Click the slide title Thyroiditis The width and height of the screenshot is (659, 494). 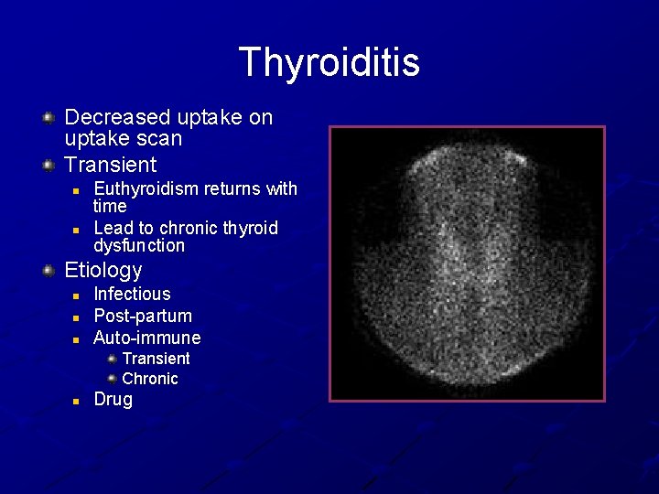click(329, 62)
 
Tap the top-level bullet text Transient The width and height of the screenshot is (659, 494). click(111, 165)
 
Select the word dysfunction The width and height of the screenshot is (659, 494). click(139, 245)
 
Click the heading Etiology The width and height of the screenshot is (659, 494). click(103, 270)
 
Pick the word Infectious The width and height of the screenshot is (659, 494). click(132, 294)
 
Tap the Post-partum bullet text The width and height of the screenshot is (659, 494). click(143, 316)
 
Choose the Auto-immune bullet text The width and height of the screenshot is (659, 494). click(146, 338)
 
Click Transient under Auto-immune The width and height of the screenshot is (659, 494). click(156, 359)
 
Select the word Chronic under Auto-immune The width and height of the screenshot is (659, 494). click(150, 379)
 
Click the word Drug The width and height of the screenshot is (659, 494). click(113, 400)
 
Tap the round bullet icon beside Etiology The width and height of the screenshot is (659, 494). click(49, 270)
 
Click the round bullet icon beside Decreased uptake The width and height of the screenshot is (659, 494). click(49, 117)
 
